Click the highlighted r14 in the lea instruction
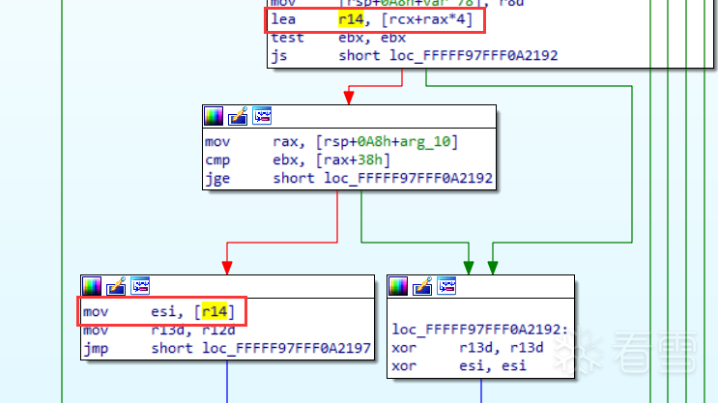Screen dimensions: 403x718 [351, 19]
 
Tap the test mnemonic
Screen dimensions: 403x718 [288, 38]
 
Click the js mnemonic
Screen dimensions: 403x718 [279, 56]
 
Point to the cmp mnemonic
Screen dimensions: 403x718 [217, 159]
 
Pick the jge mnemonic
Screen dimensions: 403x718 [217, 178]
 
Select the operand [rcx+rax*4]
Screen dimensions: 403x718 [420, 19]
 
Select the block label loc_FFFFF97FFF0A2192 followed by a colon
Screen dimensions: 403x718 [467, 330]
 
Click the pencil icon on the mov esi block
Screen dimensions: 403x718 [117, 286]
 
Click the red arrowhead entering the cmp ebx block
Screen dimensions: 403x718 [347, 98]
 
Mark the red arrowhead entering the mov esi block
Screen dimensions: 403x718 [227, 267]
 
